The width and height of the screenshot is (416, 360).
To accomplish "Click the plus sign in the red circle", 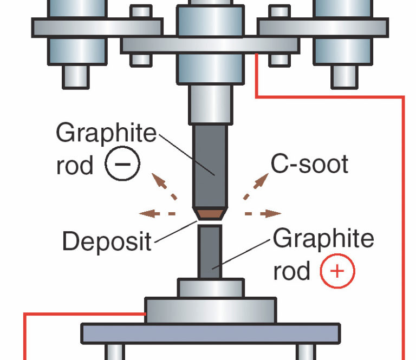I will tap(337, 271).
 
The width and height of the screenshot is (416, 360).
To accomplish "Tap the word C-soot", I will tap(309, 164).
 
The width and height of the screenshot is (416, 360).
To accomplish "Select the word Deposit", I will tap(107, 240).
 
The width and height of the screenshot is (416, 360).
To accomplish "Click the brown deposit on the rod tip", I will tap(210, 214).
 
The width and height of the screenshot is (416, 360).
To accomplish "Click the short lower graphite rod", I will tap(209, 252).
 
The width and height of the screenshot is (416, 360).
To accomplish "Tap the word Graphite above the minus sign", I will tap(106, 133).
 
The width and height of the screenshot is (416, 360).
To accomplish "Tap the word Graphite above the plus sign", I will tap(323, 239).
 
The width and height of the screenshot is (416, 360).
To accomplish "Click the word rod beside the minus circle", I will tap(75, 165).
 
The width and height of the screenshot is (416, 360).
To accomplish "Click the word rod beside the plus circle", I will tap(292, 271).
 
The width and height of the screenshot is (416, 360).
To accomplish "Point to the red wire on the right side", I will tap(404, 217).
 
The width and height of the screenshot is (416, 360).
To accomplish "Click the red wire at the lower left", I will tap(24, 336).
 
